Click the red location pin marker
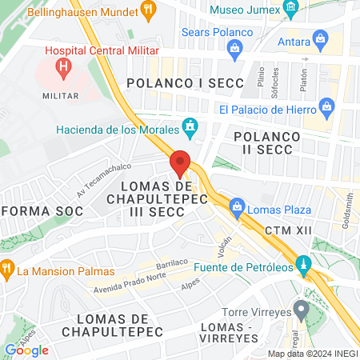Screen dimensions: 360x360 180,162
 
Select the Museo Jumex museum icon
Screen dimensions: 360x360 290,10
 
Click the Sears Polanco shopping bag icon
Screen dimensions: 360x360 234,50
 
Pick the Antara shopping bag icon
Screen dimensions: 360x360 321,38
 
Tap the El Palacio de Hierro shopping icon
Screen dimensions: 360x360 326,106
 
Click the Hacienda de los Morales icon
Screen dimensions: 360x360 190,126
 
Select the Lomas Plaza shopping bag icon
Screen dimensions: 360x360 237,210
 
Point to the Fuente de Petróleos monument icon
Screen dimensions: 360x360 303,265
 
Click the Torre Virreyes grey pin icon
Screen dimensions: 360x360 301,308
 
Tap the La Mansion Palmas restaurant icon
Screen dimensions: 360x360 7,267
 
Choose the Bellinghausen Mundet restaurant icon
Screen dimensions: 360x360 147,10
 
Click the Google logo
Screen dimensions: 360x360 26,350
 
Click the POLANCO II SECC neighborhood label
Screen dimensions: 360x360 267,144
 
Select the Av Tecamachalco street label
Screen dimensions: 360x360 103,186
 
